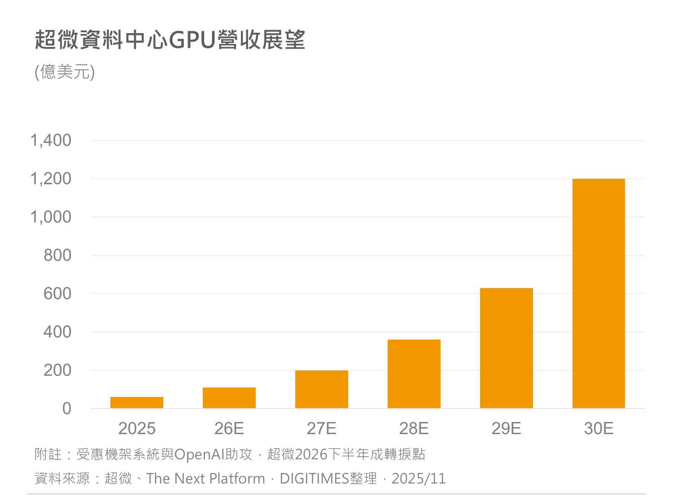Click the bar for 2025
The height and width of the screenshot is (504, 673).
[x=137, y=402]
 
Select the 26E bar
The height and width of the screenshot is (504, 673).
[x=229, y=398]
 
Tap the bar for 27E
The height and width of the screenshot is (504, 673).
[x=322, y=389]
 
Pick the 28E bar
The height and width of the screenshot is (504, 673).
[x=414, y=374]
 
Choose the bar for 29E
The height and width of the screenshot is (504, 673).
[x=507, y=348]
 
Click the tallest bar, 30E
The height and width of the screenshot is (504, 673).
[x=599, y=293]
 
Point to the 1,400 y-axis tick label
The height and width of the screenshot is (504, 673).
[x=51, y=140]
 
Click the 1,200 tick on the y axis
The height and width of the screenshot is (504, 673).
[x=51, y=179]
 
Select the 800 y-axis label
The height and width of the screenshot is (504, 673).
[x=57, y=255]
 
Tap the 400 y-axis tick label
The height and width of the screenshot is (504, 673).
[x=57, y=332]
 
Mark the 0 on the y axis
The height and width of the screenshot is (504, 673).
[x=67, y=409]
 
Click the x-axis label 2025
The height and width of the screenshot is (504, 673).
[x=137, y=429]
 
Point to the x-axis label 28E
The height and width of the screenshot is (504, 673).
[x=414, y=429]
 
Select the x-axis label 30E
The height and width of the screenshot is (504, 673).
[x=599, y=429]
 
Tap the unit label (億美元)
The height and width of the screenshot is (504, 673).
[x=65, y=72]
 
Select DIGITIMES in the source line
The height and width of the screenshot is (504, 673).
[x=315, y=478]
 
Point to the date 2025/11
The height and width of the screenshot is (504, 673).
[x=419, y=478]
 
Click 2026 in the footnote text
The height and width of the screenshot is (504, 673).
[x=311, y=455]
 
